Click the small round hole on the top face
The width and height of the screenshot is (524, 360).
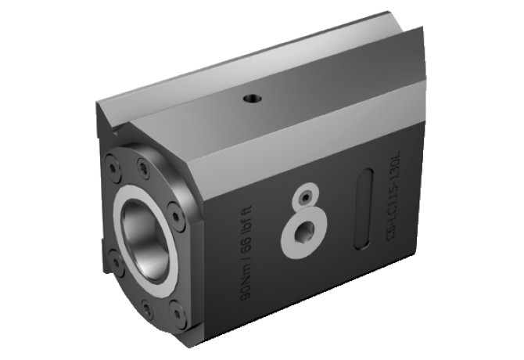click(x=253, y=99)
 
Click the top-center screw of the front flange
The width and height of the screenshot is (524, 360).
click(x=143, y=166)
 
